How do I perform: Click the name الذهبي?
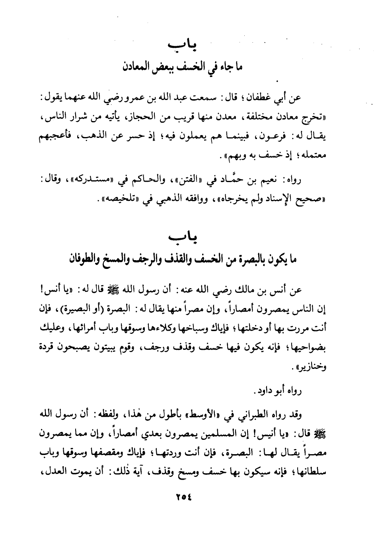click(167, 199)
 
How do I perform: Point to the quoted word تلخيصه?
click(120, 199)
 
